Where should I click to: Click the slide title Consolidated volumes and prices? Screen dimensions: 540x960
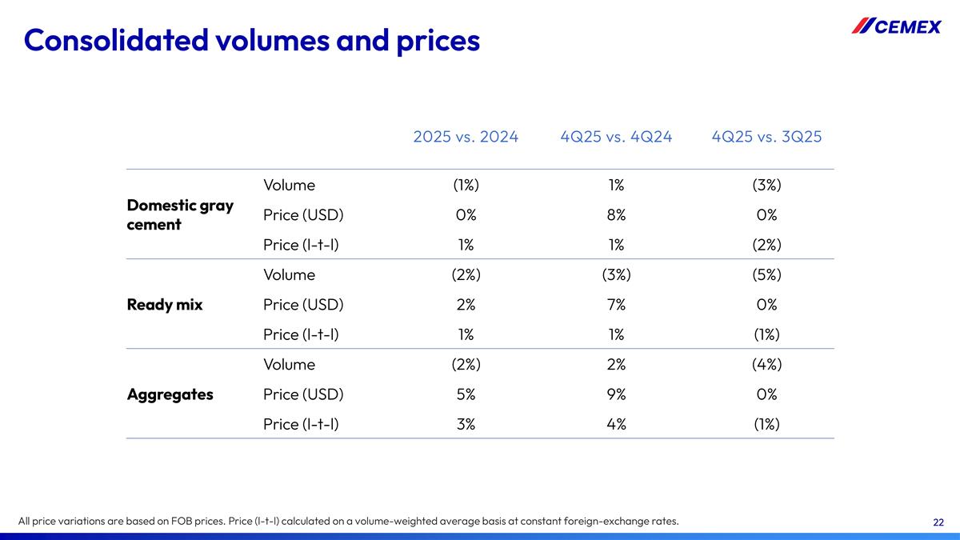[252, 39]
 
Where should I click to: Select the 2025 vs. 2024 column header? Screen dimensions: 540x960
[466, 137]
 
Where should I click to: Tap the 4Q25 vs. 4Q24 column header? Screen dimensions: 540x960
[616, 137]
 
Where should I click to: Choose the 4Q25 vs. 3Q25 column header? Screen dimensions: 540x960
[766, 137]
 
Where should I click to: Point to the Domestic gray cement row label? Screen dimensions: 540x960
[180, 214]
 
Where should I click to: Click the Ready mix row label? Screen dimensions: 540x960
[165, 305]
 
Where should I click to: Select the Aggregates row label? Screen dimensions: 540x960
[170, 394]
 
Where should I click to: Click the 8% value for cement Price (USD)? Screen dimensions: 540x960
[616, 214]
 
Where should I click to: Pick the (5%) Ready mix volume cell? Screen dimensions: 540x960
[766, 275]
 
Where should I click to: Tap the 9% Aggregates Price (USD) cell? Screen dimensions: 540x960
[616, 394]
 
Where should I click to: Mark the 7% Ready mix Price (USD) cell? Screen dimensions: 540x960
[616, 305]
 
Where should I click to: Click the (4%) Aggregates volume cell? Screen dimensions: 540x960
[766, 365]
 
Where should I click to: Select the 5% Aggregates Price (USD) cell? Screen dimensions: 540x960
[466, 394]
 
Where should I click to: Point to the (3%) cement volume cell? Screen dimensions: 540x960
[766, 186]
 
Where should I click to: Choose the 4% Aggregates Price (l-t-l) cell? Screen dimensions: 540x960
[616, 424]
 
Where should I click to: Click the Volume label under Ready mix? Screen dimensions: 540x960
[289, 275]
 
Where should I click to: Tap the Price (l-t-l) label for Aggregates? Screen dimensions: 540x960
[301, 424]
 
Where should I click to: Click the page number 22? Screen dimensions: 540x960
[938, 522]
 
